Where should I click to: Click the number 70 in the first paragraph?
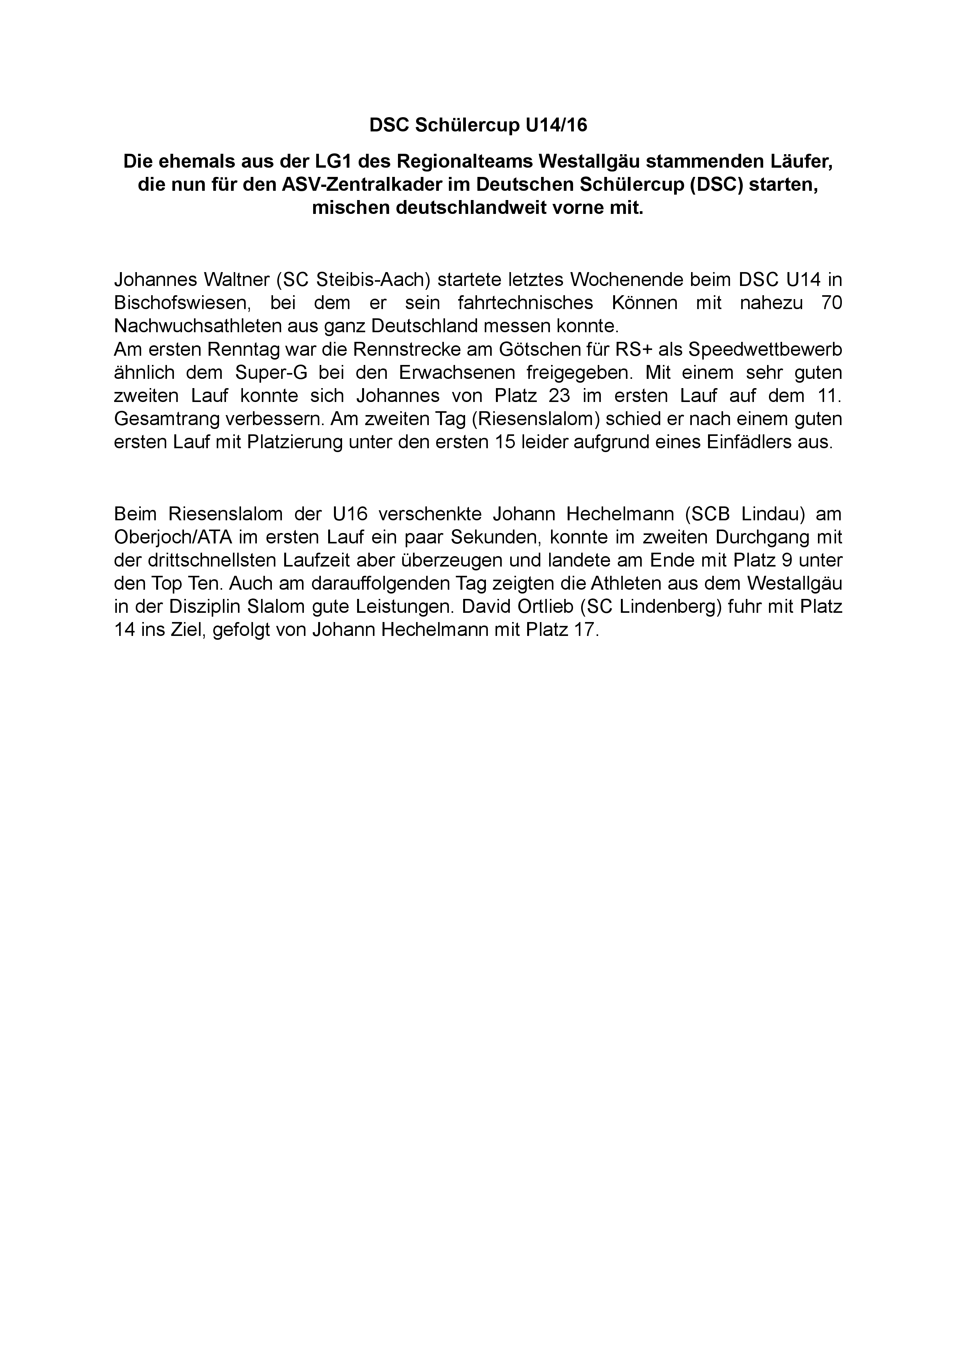[831, 302]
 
